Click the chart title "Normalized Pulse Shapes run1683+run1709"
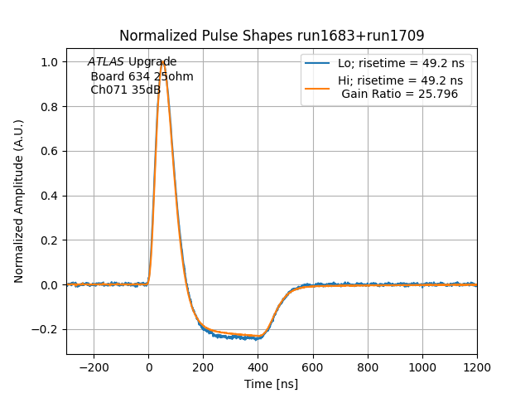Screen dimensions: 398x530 [272, 36]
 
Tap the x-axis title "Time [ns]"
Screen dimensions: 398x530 [272, 384]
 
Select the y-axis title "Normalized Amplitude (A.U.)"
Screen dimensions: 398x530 [19, 201]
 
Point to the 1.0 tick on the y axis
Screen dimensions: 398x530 [50, 62]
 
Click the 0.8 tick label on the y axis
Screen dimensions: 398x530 [50, 107]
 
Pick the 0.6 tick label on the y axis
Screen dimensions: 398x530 [50, 152]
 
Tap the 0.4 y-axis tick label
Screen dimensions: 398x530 [50, 196]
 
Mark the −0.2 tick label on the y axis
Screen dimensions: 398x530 [46, 329]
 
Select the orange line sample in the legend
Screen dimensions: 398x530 [318, 81]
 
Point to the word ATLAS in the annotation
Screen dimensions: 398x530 [106, 62]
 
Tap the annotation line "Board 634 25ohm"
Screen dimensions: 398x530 [142, 76]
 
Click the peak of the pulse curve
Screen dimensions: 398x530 [163, 62]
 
